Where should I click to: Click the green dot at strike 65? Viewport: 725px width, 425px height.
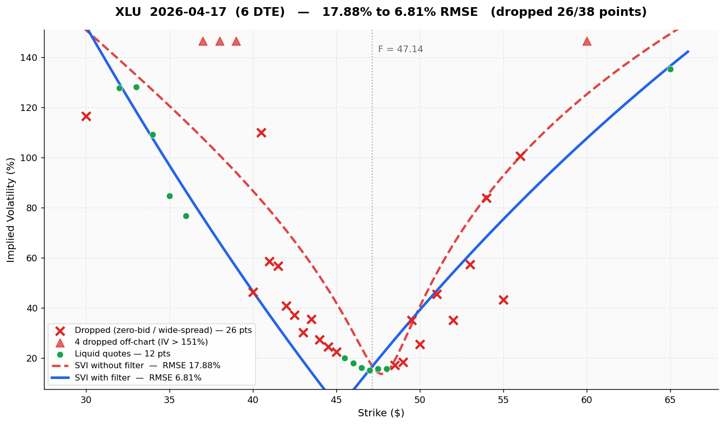(670, 69)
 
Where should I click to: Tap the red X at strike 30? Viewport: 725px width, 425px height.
(86, 116)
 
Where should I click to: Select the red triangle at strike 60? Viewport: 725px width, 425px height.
(587, 41)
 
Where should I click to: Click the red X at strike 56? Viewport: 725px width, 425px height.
(520, 156)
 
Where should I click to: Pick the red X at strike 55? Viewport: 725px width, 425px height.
(503, 300)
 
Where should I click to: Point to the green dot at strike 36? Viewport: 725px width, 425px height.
(186, 216)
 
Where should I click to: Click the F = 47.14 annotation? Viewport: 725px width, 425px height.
(400, 50)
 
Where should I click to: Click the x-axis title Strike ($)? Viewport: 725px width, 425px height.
(381, 413)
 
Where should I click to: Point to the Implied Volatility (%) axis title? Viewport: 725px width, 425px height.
(11, 210)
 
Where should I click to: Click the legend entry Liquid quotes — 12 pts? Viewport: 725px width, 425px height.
(122, 354)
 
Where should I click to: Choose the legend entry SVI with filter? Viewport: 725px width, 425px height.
(138, 378)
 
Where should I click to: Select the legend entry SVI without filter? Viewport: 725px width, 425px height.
(147, 366)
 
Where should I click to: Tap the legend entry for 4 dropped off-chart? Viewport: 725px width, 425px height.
(141, 342)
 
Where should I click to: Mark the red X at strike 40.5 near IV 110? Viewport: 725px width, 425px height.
(261, 132)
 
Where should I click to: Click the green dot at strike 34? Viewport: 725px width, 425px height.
(153, 135)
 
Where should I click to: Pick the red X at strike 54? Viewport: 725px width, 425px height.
(486, 198)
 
